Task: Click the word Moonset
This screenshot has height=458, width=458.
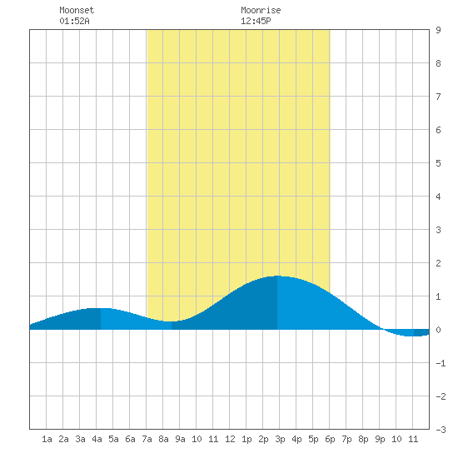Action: pos(77,10)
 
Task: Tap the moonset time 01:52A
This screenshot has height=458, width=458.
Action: pos(74,21)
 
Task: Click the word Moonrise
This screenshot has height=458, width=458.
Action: pos(261,10)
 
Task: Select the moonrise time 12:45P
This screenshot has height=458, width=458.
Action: pos(256,21)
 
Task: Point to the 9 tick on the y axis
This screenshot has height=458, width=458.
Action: pos(438,30)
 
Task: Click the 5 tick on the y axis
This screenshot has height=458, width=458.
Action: pos(438,163)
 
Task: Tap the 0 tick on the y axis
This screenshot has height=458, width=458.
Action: pos(438,330)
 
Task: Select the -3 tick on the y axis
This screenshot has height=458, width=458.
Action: pos(441,430)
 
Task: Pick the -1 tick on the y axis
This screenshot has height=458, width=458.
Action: pos(441,363)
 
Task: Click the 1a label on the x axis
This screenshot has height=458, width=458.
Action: pos(47,439)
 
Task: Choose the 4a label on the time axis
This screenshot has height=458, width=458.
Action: pos(97,439)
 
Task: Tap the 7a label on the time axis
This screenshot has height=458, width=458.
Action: pos(147,439)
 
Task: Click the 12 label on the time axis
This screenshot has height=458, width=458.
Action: pos(230,439)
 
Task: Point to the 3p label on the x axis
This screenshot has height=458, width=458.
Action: pos(280,439)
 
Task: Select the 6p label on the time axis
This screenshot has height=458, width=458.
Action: pos(330,439)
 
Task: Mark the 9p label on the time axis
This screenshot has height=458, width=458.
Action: pos(380,439)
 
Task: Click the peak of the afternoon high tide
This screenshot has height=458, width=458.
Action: pos(277,276)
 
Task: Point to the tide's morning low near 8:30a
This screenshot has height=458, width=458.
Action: pos(172,321)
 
